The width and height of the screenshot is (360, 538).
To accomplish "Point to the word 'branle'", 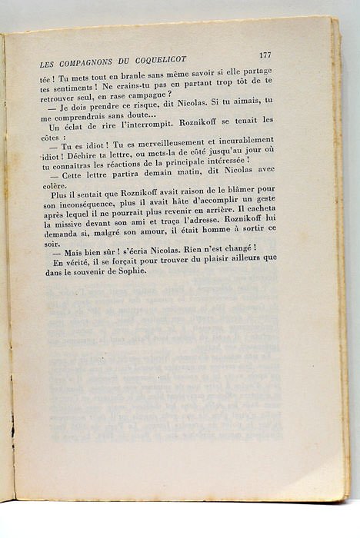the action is click(x=115, y=76).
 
